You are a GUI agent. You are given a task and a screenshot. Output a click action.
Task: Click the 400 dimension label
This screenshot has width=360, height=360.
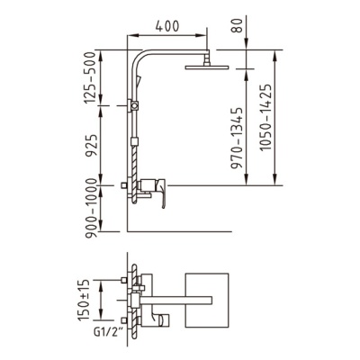click(167, 26)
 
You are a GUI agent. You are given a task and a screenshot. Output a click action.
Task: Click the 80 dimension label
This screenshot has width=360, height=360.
click(239, 26)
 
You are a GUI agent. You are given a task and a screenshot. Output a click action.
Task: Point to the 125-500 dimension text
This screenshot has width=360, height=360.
click(89, 77)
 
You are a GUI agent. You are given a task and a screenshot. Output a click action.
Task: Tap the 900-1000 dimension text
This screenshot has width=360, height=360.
click(91, 208)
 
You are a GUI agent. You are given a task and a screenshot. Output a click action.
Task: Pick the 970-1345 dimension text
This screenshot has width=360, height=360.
click(238, 138)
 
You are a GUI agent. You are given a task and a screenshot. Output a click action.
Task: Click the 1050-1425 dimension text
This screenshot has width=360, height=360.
click(265, 117)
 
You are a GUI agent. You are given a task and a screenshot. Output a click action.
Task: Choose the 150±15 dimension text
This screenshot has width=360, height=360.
click(84, 301)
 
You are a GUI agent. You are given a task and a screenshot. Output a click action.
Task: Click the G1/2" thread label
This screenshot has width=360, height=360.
click(105, 332)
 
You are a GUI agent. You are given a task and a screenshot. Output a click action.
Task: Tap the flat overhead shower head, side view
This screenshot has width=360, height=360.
click(207, 67)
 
